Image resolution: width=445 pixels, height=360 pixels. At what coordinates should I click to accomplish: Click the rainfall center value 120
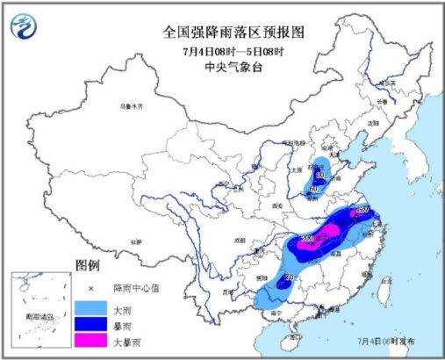(x=363, y=211)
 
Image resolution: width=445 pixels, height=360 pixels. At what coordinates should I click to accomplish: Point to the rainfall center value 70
(x=287, y=278)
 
